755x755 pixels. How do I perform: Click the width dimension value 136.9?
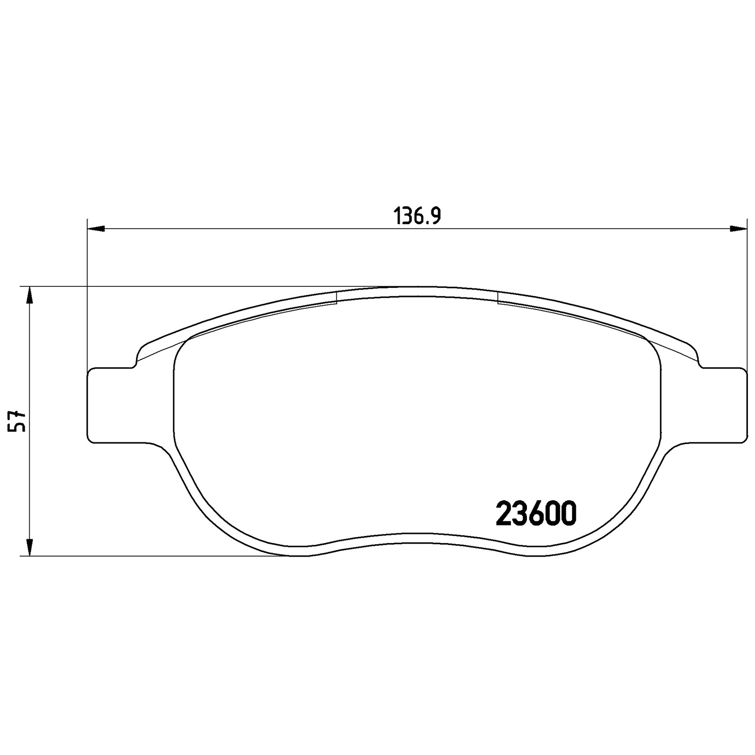point(417,216)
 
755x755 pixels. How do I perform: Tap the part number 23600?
point(536,514)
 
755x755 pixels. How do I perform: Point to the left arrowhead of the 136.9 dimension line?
point(96,229)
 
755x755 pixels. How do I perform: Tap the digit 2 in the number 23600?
point(504,514)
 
